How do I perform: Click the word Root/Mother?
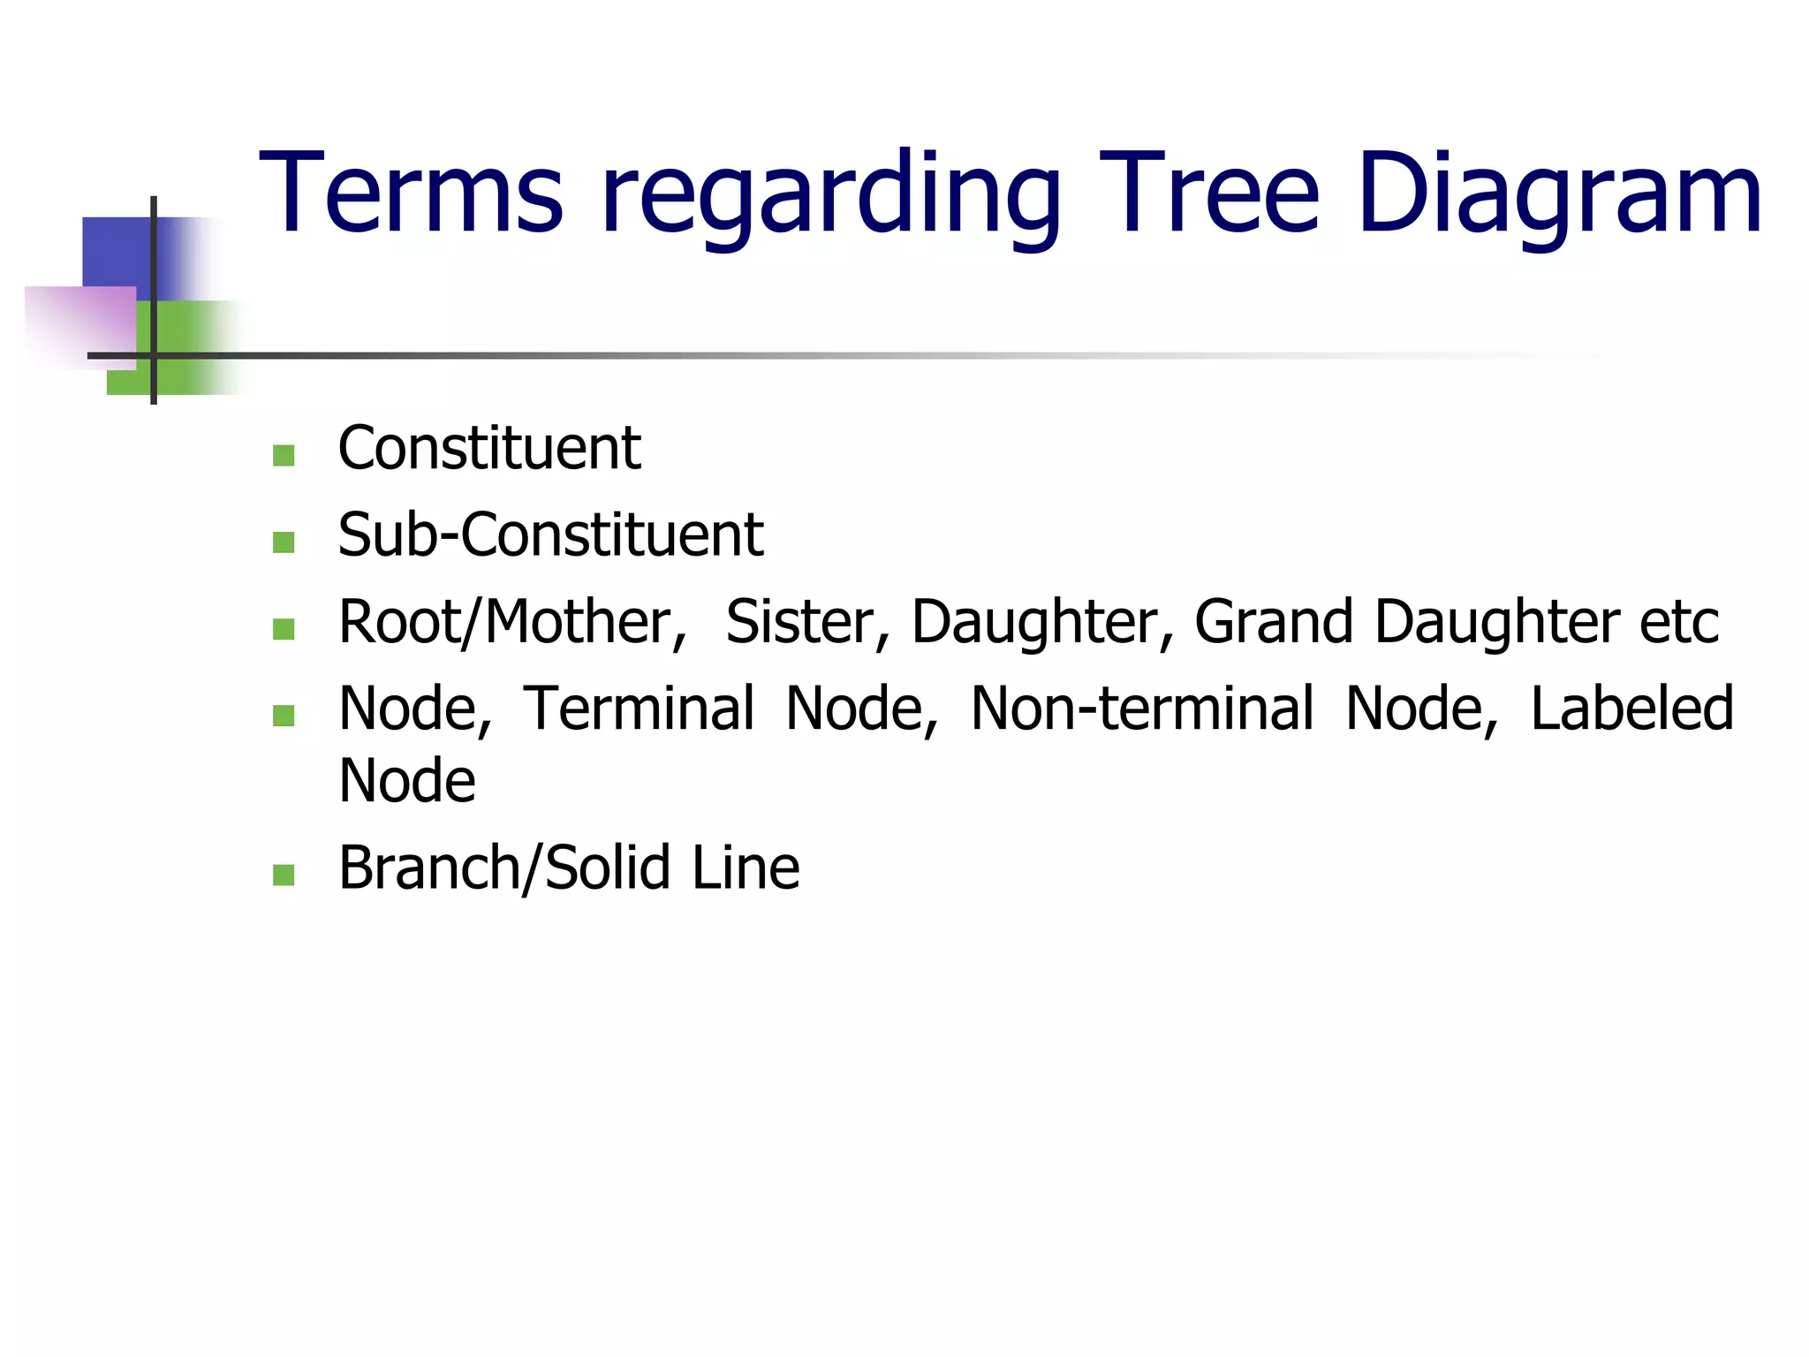511,622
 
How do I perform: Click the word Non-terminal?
1142,709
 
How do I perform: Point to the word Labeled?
1631,709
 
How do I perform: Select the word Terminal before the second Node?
639,709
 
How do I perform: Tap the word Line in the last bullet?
745,868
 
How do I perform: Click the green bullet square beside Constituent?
284,455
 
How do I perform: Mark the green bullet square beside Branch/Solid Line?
284,875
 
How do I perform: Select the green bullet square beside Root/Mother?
284,629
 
